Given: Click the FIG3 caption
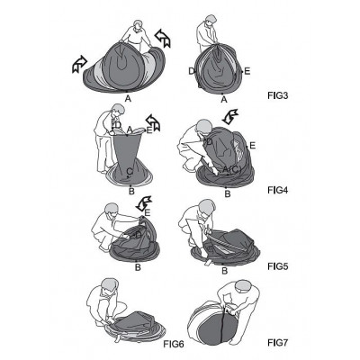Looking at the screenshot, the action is pyautogui.click(x=277, y=96).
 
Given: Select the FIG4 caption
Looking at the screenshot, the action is pyautogui.click(x=277, y=190).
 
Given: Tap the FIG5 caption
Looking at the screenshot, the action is pyautogui.click(x=277, y=266).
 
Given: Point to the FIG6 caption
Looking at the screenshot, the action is pyautogui.click(x=174, y=344).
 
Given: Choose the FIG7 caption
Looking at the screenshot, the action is pyautogui.click(x=277, y=342).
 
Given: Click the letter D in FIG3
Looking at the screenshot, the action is pyautogui.click(x=192, y=71).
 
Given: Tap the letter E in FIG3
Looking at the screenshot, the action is pyautogui.click(x=247, y=71).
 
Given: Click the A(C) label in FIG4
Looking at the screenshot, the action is pyautogui.click(x=232, y=169).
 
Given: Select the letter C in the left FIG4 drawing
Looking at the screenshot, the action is pyautogui.click(x=130, y=171).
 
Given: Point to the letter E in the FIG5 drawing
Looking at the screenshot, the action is pyautogui.click(x=147, y=213).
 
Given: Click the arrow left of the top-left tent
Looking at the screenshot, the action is pyautogui.click(x=79, y=64).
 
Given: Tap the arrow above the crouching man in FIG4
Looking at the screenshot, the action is pyautogui.click(x=229, y=117).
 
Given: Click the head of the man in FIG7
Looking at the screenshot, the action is pyautogui.click(x=244, y=288).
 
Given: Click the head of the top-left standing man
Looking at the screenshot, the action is pyautogui.click(x=138, y=26).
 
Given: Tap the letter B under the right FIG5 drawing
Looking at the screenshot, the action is pyautogui.click(x=224, y=271).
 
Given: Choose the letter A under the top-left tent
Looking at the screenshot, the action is pyautogui.click(x=128, y=99).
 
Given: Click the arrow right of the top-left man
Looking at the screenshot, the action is pyautogui.click(x=163, y=38).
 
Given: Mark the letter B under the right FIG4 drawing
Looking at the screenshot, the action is pyautogui.click(x=228, y=194).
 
